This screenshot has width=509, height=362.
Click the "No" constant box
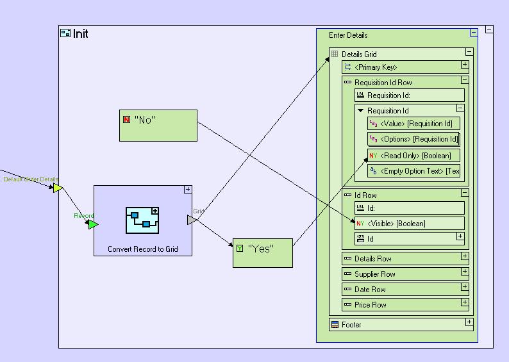click(158, 126)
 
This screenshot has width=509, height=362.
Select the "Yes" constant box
click(263, 252)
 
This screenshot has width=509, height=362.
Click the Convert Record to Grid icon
click(142, 220)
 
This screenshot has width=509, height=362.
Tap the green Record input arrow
click(93, 224)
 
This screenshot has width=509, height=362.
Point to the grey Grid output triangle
click(191, 220)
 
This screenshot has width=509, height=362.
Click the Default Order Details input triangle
click(57, 188)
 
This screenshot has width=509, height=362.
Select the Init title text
click(81, 33)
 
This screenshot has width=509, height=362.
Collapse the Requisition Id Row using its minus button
click(465, 81)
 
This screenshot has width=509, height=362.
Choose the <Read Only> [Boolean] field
click(413, 156)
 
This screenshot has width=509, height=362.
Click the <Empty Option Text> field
click(413, 171)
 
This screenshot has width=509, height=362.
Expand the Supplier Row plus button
click(465, 273)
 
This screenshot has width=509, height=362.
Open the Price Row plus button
click(465, 304)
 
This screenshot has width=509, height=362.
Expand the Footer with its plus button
click(469, 323)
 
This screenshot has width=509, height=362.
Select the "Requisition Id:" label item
click(392, 95)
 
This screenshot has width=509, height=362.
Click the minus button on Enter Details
click(474, 33)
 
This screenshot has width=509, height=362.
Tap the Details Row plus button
click(465, 257)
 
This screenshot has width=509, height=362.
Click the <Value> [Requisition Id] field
click(413, 124)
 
